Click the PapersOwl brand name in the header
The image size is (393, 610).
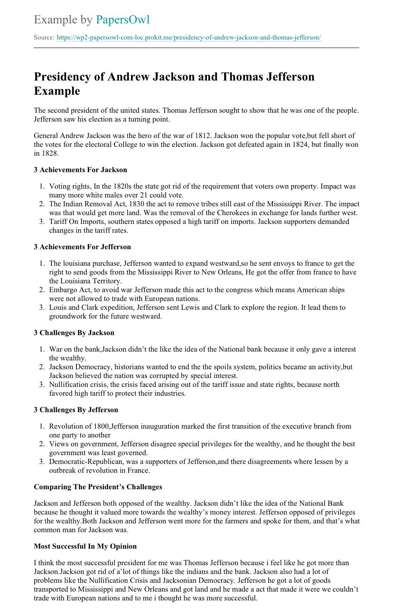tap(122, 20)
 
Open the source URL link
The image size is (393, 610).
tap(188, 38)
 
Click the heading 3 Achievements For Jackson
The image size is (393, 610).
tap(80, 170)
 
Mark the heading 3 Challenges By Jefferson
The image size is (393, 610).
tap(76, 410)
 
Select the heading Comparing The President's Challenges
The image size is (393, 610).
tap(98, 487)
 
